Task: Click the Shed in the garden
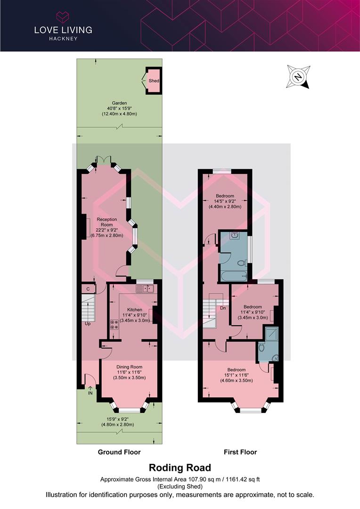pos(154,81)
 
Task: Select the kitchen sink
pos(145,288)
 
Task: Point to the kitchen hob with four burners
pos(114,324)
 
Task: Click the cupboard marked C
pos(88,289)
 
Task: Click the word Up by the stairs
pos(88,324)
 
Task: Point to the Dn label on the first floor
pos(223,308)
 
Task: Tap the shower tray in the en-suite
pos(271,334)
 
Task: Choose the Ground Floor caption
pos(119,452)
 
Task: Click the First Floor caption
pos(240,452)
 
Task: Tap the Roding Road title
pos(180,468)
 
